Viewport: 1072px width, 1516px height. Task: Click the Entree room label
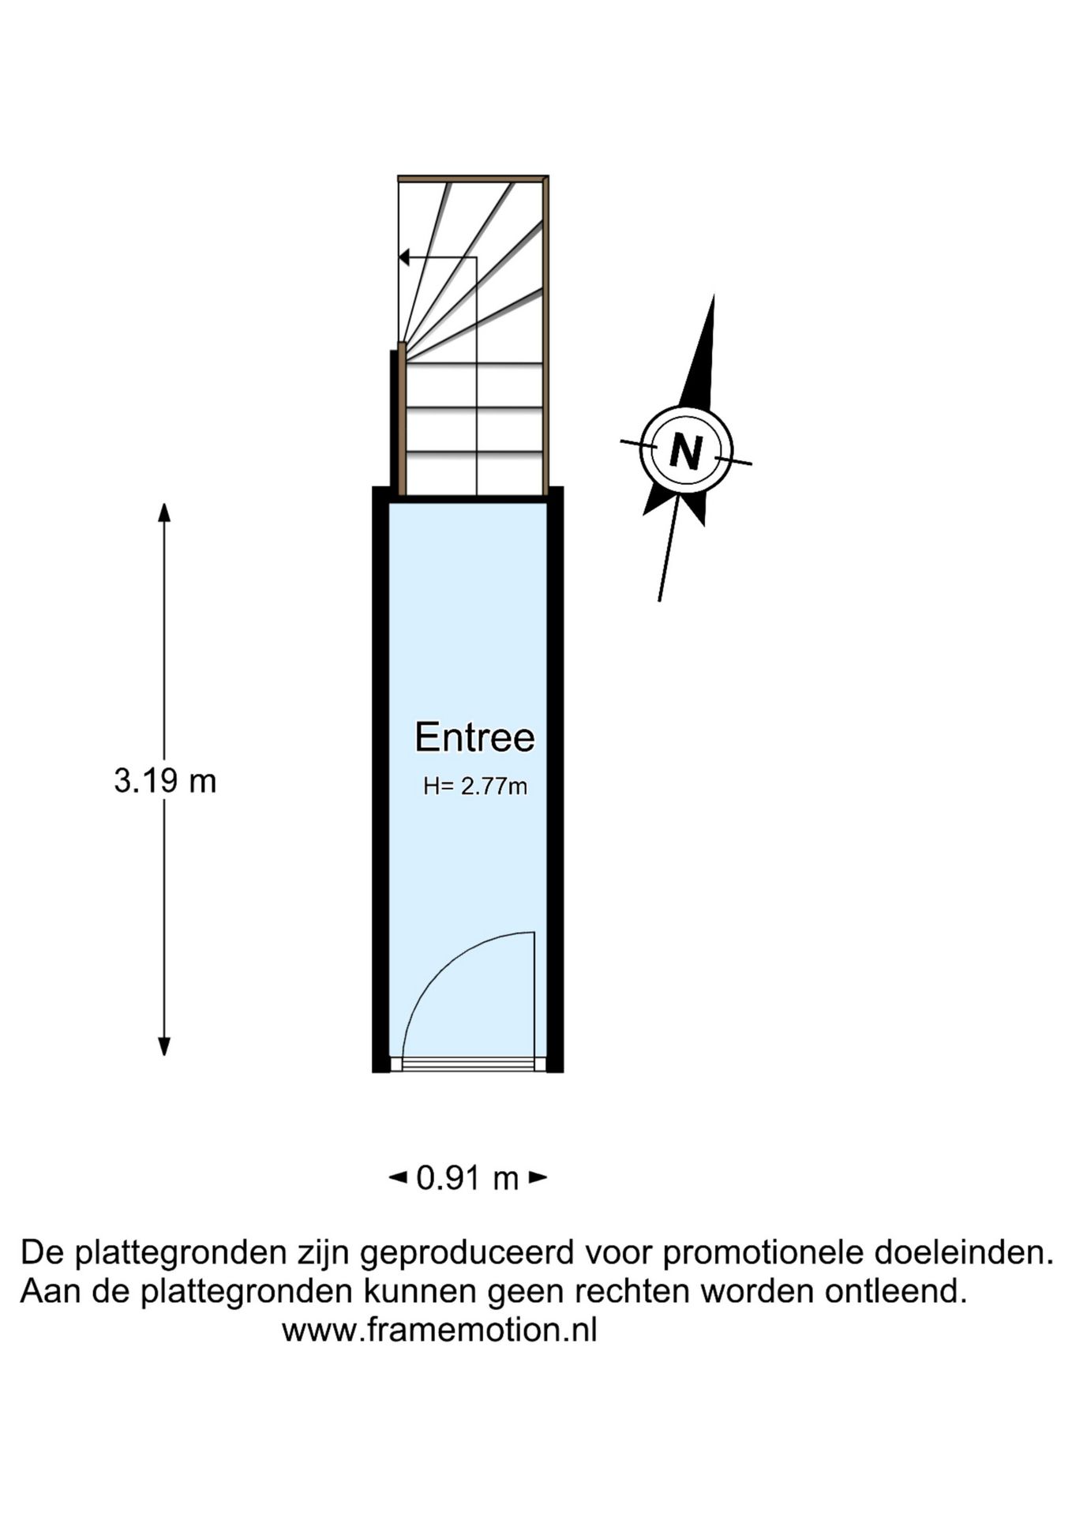474,737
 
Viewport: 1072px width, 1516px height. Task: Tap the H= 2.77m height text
475,786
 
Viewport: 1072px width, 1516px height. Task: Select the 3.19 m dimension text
165,781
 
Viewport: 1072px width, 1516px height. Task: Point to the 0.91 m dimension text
467,1179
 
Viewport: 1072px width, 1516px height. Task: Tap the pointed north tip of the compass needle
714,296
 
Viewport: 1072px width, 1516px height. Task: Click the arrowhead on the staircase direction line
403,257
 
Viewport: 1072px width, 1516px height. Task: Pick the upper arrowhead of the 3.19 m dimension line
164,512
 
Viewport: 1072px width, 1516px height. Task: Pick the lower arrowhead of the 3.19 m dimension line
164,1046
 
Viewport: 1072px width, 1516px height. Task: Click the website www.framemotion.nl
440,1330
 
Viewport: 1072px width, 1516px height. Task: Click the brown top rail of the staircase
472,179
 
